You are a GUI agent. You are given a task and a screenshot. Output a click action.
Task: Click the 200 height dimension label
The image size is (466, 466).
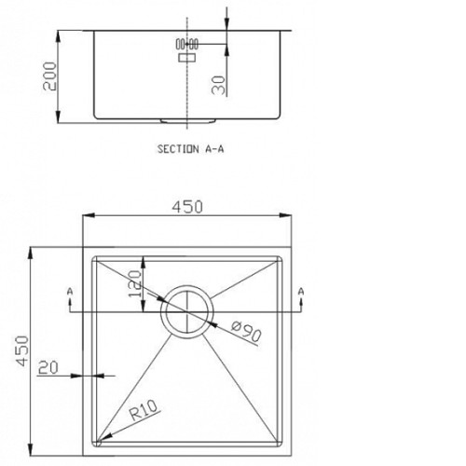tap(49, 76)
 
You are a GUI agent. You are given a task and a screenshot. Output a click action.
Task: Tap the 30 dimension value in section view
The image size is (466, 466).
tap(218, 85)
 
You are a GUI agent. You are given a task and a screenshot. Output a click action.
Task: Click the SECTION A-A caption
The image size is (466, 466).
tap(190, 149)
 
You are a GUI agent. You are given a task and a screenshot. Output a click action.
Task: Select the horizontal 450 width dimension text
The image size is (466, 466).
tap(187, 207)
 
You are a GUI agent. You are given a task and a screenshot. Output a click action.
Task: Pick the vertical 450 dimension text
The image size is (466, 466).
tap(22, 350)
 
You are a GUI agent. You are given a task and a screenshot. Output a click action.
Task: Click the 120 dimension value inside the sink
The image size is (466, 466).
tap(135, 283)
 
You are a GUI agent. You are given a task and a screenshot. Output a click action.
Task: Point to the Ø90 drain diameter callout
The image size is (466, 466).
tap(246, 331)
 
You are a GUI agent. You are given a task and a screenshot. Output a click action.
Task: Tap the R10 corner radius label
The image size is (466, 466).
tap(144, 410)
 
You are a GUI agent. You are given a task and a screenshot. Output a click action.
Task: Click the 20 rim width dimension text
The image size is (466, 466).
tap(48, 368)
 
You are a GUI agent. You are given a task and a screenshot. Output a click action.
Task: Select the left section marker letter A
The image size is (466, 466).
tap(70, 292)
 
